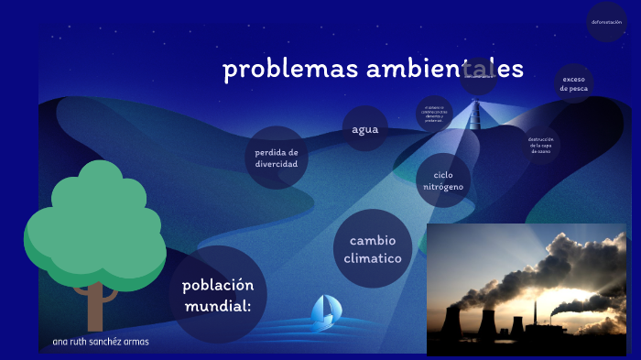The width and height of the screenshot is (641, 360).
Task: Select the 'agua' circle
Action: tap(364, 128)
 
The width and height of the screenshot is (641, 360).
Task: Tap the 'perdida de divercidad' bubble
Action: tap(277, 158)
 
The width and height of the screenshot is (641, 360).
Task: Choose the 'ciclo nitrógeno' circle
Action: tap(443, 180)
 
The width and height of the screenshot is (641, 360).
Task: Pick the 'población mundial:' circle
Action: tap(217, 294)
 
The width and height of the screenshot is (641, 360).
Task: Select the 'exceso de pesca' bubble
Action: tap(574, 83)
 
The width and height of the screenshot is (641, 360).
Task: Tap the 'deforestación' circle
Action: tap(606, 22)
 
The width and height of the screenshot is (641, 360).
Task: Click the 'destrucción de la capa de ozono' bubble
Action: tap(541, 145)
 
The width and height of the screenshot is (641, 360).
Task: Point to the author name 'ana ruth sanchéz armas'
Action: tap(101, 342)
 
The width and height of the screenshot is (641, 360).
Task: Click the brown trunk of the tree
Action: tap(94, 307)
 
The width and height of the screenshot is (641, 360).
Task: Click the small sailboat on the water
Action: tap(321, 312)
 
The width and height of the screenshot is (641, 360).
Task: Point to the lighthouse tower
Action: tap(474, 115)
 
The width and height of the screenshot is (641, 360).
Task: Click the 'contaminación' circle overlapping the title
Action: tap(479, 76)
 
